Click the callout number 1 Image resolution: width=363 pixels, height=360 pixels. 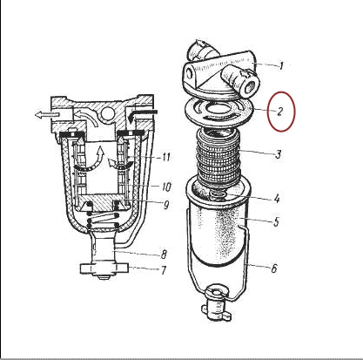coord(280,66)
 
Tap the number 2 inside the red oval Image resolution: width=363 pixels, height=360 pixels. coord(279,111)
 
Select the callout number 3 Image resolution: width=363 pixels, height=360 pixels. coord(279,154)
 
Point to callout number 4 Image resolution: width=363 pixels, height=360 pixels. coord(277,199)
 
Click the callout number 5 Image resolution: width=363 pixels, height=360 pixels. coord(276,221)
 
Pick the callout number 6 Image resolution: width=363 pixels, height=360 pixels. coord(274,268)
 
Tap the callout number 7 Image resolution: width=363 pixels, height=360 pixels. coord(164,270)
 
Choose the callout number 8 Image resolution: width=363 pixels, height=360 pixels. coord(164,255)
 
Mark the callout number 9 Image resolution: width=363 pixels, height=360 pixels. coord(166,205)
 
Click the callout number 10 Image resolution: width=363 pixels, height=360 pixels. coord(166,187)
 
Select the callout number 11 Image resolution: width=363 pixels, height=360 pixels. coord(165,157)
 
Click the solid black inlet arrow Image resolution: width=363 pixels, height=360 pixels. coord(143,114)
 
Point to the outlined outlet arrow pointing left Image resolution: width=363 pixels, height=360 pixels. coord(47,115)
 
